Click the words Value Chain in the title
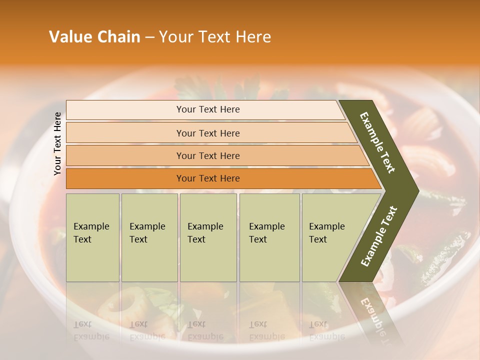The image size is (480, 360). pos(94,37)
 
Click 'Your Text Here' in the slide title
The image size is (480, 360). pos(215,37)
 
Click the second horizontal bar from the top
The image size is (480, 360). pos(208,133)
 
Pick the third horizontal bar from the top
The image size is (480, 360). pos(208,155)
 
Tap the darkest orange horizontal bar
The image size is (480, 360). pos(208,178)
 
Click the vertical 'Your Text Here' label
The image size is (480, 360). pos(57,143)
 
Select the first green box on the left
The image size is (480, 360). pos(92,237)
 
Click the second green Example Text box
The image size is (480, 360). pos(149,237)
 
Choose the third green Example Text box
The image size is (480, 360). pos(208,237)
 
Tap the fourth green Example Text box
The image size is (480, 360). pos(269,237)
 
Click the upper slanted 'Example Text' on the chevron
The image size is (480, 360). pos(378,142)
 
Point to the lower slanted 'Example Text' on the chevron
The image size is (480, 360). pos(379,236)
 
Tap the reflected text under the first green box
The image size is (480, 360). pos(91,330)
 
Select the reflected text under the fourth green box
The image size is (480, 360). pos(266,330)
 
